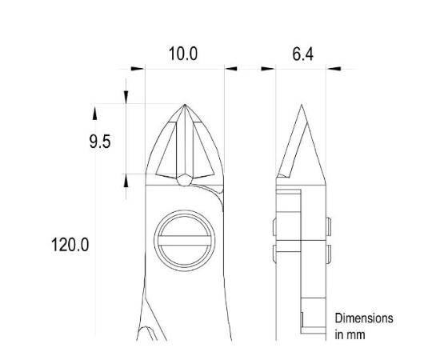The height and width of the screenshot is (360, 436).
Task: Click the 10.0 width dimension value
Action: coord(182,54)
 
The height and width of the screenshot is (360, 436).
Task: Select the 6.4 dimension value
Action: coord(302,54)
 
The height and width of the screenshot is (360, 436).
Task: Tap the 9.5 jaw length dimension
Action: coord(99,142)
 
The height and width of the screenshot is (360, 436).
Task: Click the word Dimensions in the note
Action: coord(364,318)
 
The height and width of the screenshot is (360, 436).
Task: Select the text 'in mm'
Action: coord(350,334)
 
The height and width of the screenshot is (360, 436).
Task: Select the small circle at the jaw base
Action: coord(185,180)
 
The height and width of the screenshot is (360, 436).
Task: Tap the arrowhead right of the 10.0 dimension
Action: coord(231,69)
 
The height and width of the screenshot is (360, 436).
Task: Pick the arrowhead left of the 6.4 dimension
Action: coord(269,69)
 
